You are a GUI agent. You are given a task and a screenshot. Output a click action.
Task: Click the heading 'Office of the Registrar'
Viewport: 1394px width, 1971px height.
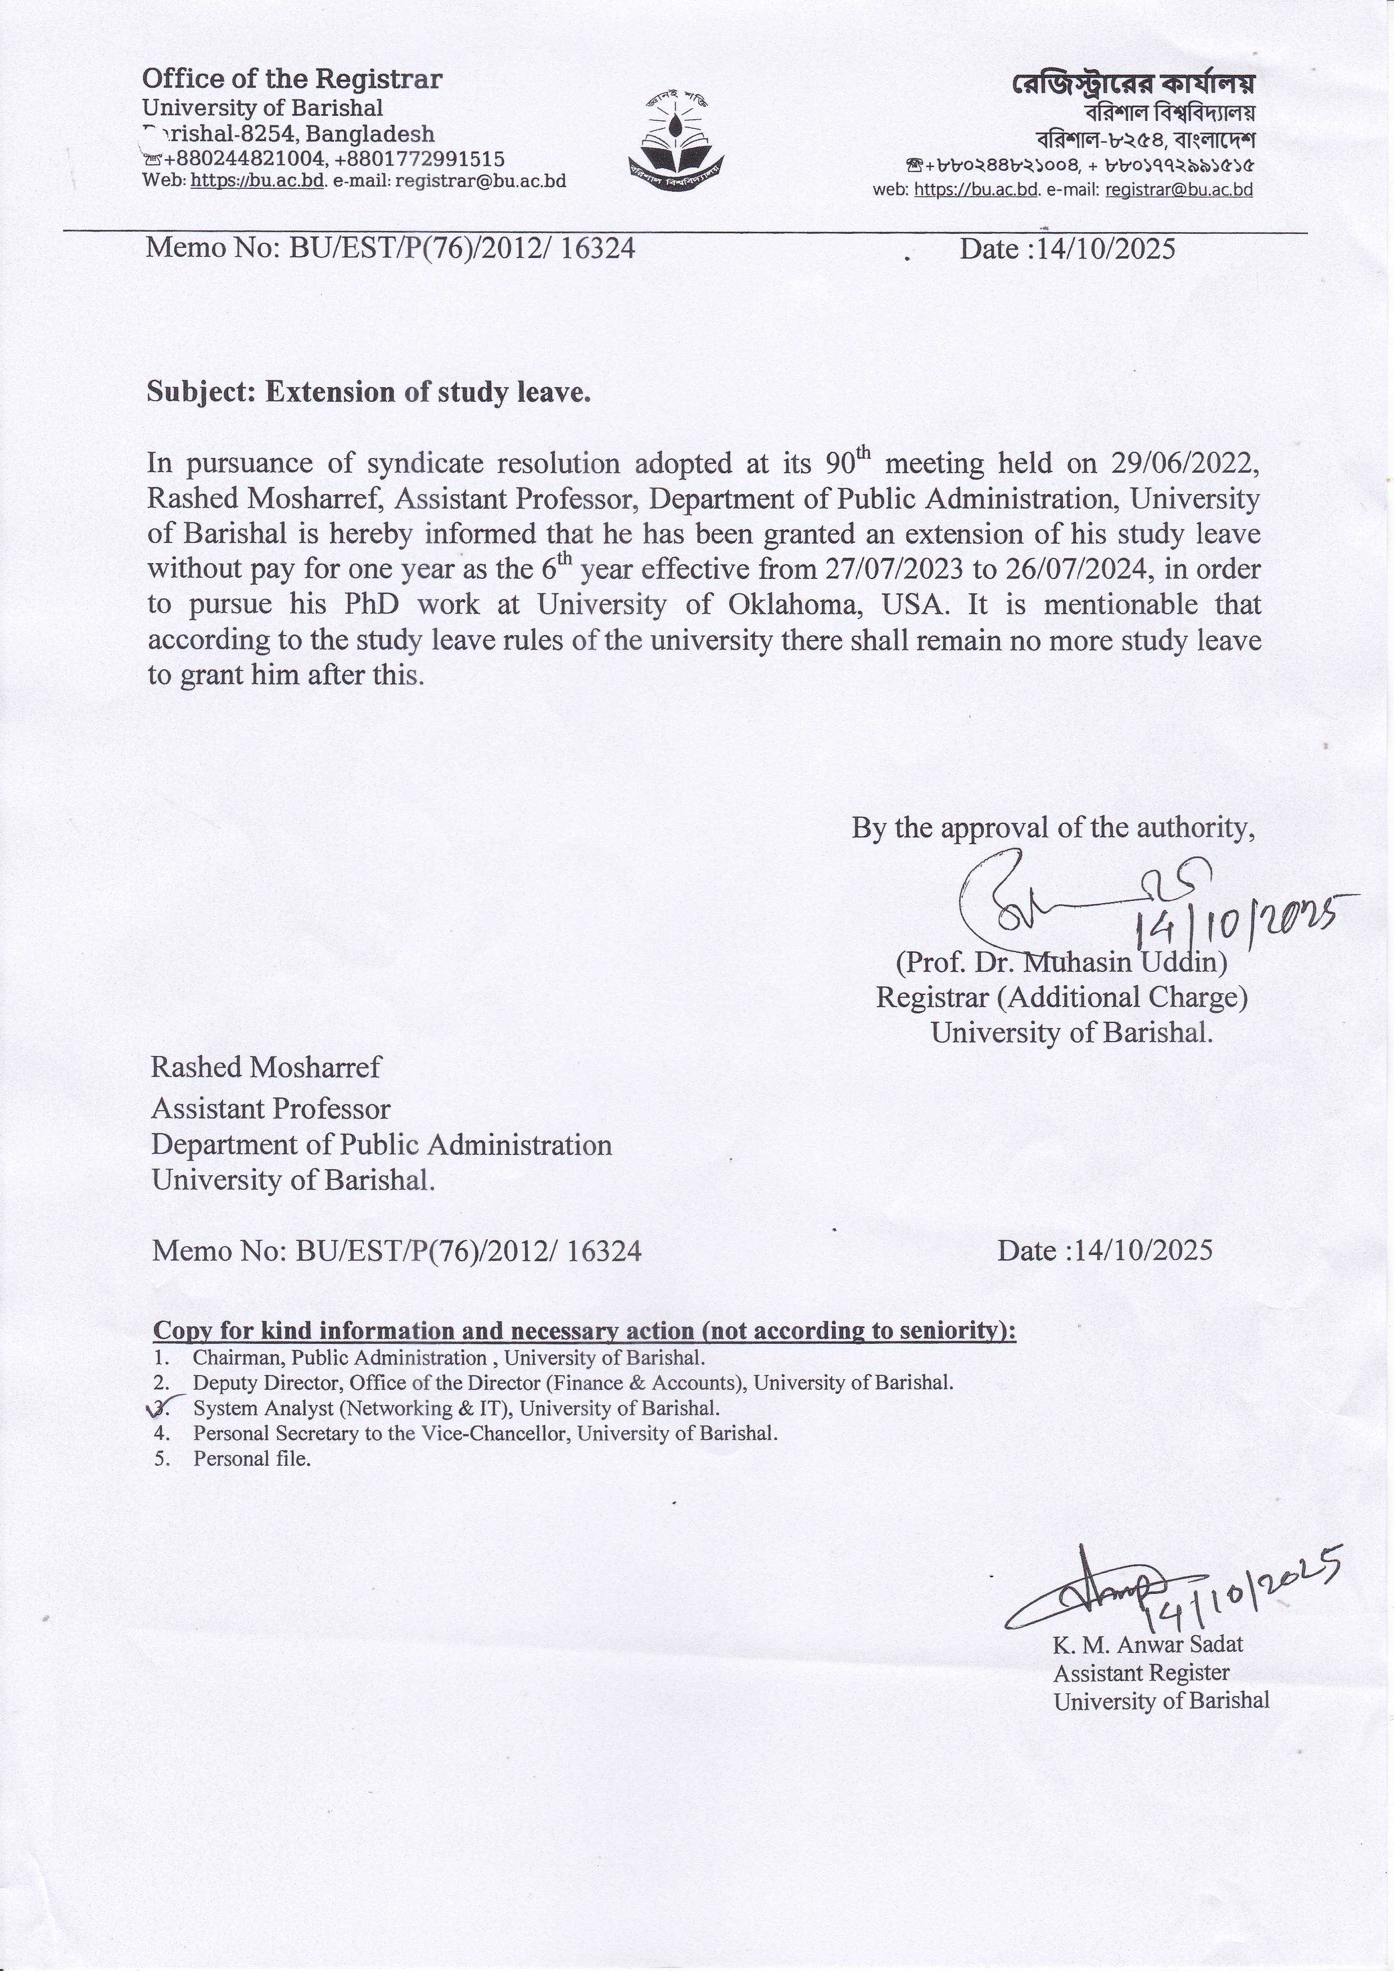292,80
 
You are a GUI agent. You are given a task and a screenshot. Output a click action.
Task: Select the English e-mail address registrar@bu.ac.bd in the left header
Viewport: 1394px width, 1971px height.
480,181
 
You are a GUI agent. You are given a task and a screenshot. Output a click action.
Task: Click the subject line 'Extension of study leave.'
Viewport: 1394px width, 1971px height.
369,392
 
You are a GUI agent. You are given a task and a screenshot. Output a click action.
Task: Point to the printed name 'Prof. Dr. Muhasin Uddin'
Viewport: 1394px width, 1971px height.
1061,962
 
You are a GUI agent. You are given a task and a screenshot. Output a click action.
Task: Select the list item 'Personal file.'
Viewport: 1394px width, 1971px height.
251,1458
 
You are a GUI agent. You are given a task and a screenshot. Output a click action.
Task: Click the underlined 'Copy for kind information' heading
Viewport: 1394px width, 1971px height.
583,1331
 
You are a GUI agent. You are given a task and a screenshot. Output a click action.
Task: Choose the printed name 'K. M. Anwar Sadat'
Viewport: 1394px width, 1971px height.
1148,1645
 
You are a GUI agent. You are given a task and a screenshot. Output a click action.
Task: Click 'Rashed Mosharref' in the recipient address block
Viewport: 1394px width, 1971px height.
266,1067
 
